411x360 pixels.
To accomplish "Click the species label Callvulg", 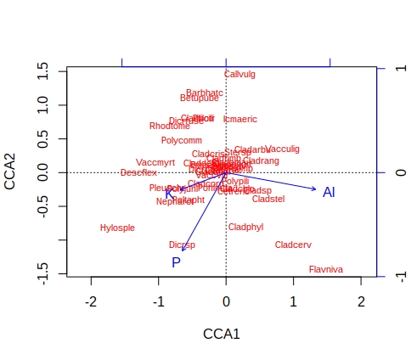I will pos(239,75).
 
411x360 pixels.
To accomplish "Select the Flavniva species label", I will pos(326,269).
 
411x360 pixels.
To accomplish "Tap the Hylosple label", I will pos(117,228).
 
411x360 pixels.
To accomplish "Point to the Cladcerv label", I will pos(293,245).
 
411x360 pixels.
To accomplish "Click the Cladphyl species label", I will pos(245,227).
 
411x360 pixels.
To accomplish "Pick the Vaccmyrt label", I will pos(155,162).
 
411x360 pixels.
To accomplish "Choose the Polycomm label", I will pos(181,140).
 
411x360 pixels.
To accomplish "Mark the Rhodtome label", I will pos(170,127).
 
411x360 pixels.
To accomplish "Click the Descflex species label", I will pos(138,172).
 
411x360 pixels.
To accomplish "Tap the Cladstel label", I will pos(268,199).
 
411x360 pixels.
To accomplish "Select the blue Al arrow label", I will pos(329,193).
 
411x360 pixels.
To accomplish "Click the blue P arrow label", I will pos(176,262).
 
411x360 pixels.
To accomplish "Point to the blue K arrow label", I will pos(169,194).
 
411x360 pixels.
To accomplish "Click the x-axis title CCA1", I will pos(222,334).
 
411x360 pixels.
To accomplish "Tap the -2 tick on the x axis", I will pos(90,302).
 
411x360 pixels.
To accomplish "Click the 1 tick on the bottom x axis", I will pos(293,302).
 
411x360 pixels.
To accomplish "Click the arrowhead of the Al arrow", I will pos(315,189).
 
